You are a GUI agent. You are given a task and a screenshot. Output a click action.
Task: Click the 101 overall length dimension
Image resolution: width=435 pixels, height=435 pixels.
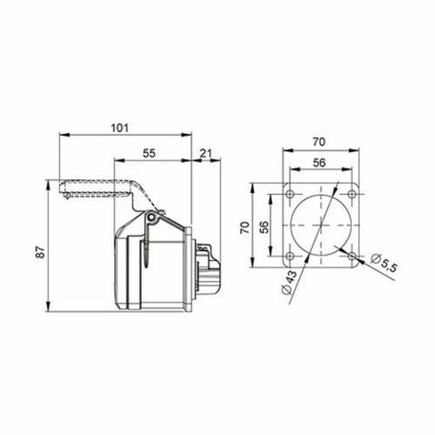(x=118, y=128)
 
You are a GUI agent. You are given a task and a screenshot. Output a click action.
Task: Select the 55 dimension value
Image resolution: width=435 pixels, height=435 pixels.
(x=150, y=155)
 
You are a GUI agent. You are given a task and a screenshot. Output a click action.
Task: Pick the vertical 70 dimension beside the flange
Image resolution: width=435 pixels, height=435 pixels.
(x=245, y=227)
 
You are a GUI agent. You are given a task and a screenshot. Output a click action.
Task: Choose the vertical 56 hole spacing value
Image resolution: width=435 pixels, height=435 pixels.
(x=264, y=227)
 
